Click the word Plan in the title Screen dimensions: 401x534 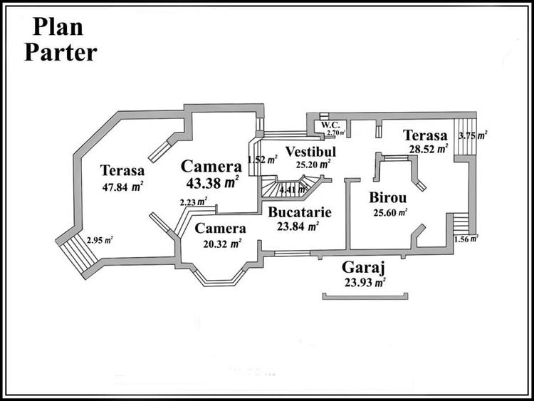pos(57,27)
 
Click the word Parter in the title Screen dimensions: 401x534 pos(61,53)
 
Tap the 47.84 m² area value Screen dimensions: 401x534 pos(122,188)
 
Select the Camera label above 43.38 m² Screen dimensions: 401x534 pos(211,167)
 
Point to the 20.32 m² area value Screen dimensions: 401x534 pos(221,243)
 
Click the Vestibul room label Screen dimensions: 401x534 pos(310,151)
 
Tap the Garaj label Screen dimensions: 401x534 pos(364,268)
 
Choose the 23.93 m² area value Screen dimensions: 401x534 pos(365,282)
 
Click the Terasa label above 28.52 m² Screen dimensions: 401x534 pos(424,135)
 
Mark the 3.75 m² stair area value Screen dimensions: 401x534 pos(472,135)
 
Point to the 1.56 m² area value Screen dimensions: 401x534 pos(466,239)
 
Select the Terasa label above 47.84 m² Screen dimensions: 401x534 pos(122,171)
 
